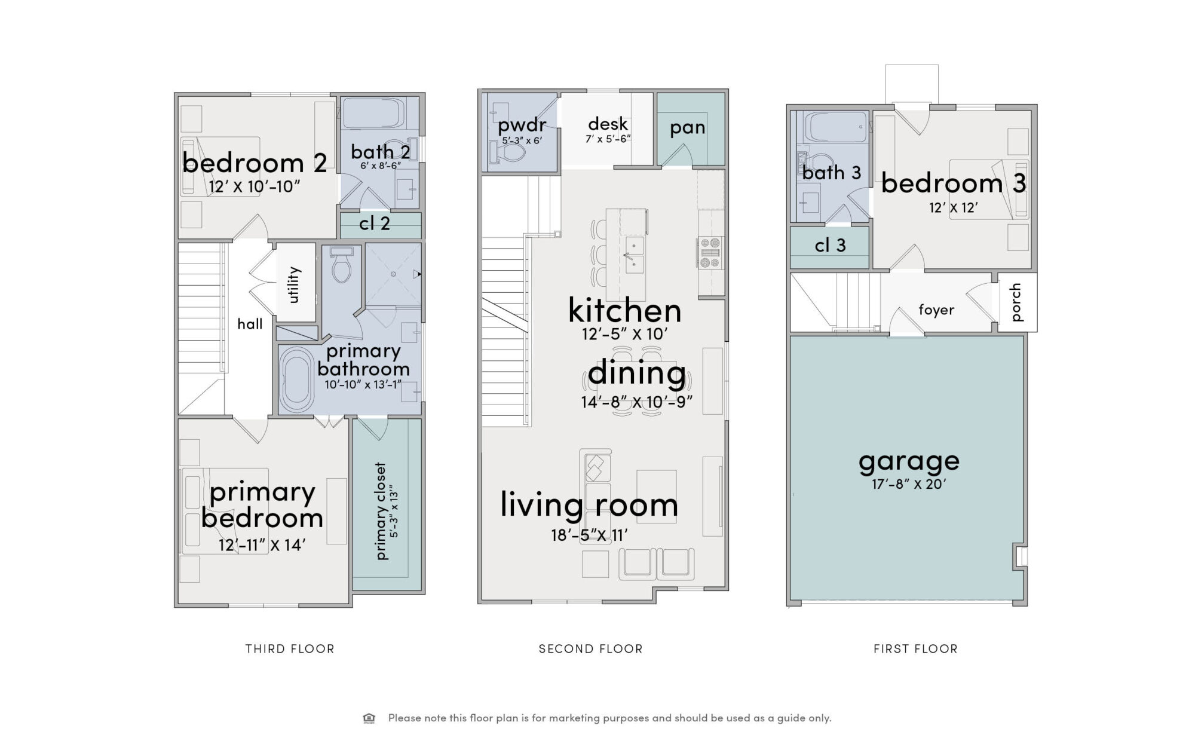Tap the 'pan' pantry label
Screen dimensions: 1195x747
tap(687, 128)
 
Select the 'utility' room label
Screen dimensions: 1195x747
tap(293, 284)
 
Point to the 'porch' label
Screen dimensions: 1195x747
tap(1016, 302)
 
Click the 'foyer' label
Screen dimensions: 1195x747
tap(936, 310)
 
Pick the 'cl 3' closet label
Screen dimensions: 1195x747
tap(831, 245)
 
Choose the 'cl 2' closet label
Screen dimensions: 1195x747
tap(375, 224)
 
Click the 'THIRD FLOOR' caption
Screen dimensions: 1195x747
tap(290, 649)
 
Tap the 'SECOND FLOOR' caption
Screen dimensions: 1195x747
tap(590, 649)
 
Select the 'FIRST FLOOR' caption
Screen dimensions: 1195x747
tap(915, 649)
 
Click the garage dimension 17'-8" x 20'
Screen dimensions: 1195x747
tap(909, 484)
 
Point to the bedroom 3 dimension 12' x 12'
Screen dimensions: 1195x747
tap(953, 208)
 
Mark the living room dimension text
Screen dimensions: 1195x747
tap(589, 535)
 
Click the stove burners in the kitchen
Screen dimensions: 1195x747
tap(710, 253)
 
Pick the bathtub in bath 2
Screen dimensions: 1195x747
tap(374, 113)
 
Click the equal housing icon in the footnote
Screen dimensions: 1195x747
tap(369, 718)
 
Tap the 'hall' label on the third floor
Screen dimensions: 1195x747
tap(250, 324)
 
